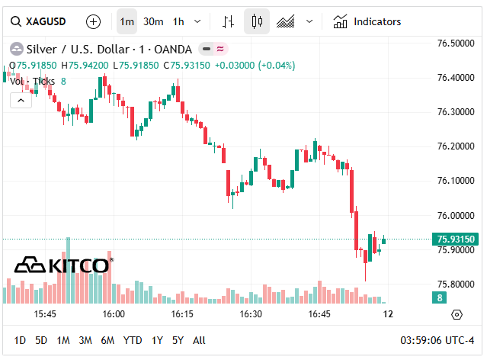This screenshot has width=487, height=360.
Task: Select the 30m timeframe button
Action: point(153,22)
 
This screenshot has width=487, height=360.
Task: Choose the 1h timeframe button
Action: point(178,22)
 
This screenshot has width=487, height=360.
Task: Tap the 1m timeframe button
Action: point(127,22)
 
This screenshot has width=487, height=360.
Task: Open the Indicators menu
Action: point(367,22)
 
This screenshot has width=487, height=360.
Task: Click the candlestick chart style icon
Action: point(257,22)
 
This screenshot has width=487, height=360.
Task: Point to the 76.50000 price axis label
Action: point(456,43)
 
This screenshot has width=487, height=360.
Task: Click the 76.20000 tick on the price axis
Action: point(456,146)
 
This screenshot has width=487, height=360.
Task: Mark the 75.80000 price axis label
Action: point(456,284)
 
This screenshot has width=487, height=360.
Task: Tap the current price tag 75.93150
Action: point(456,239)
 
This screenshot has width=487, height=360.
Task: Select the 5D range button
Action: point(41,340)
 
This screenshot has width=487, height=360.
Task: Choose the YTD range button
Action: point(133,340)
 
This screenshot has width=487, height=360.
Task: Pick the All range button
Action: point(199,340)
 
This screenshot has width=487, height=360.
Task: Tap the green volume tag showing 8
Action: point(441,297)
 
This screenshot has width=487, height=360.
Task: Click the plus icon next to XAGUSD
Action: point(93,22)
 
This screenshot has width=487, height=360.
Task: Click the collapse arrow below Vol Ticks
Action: point(21,100)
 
